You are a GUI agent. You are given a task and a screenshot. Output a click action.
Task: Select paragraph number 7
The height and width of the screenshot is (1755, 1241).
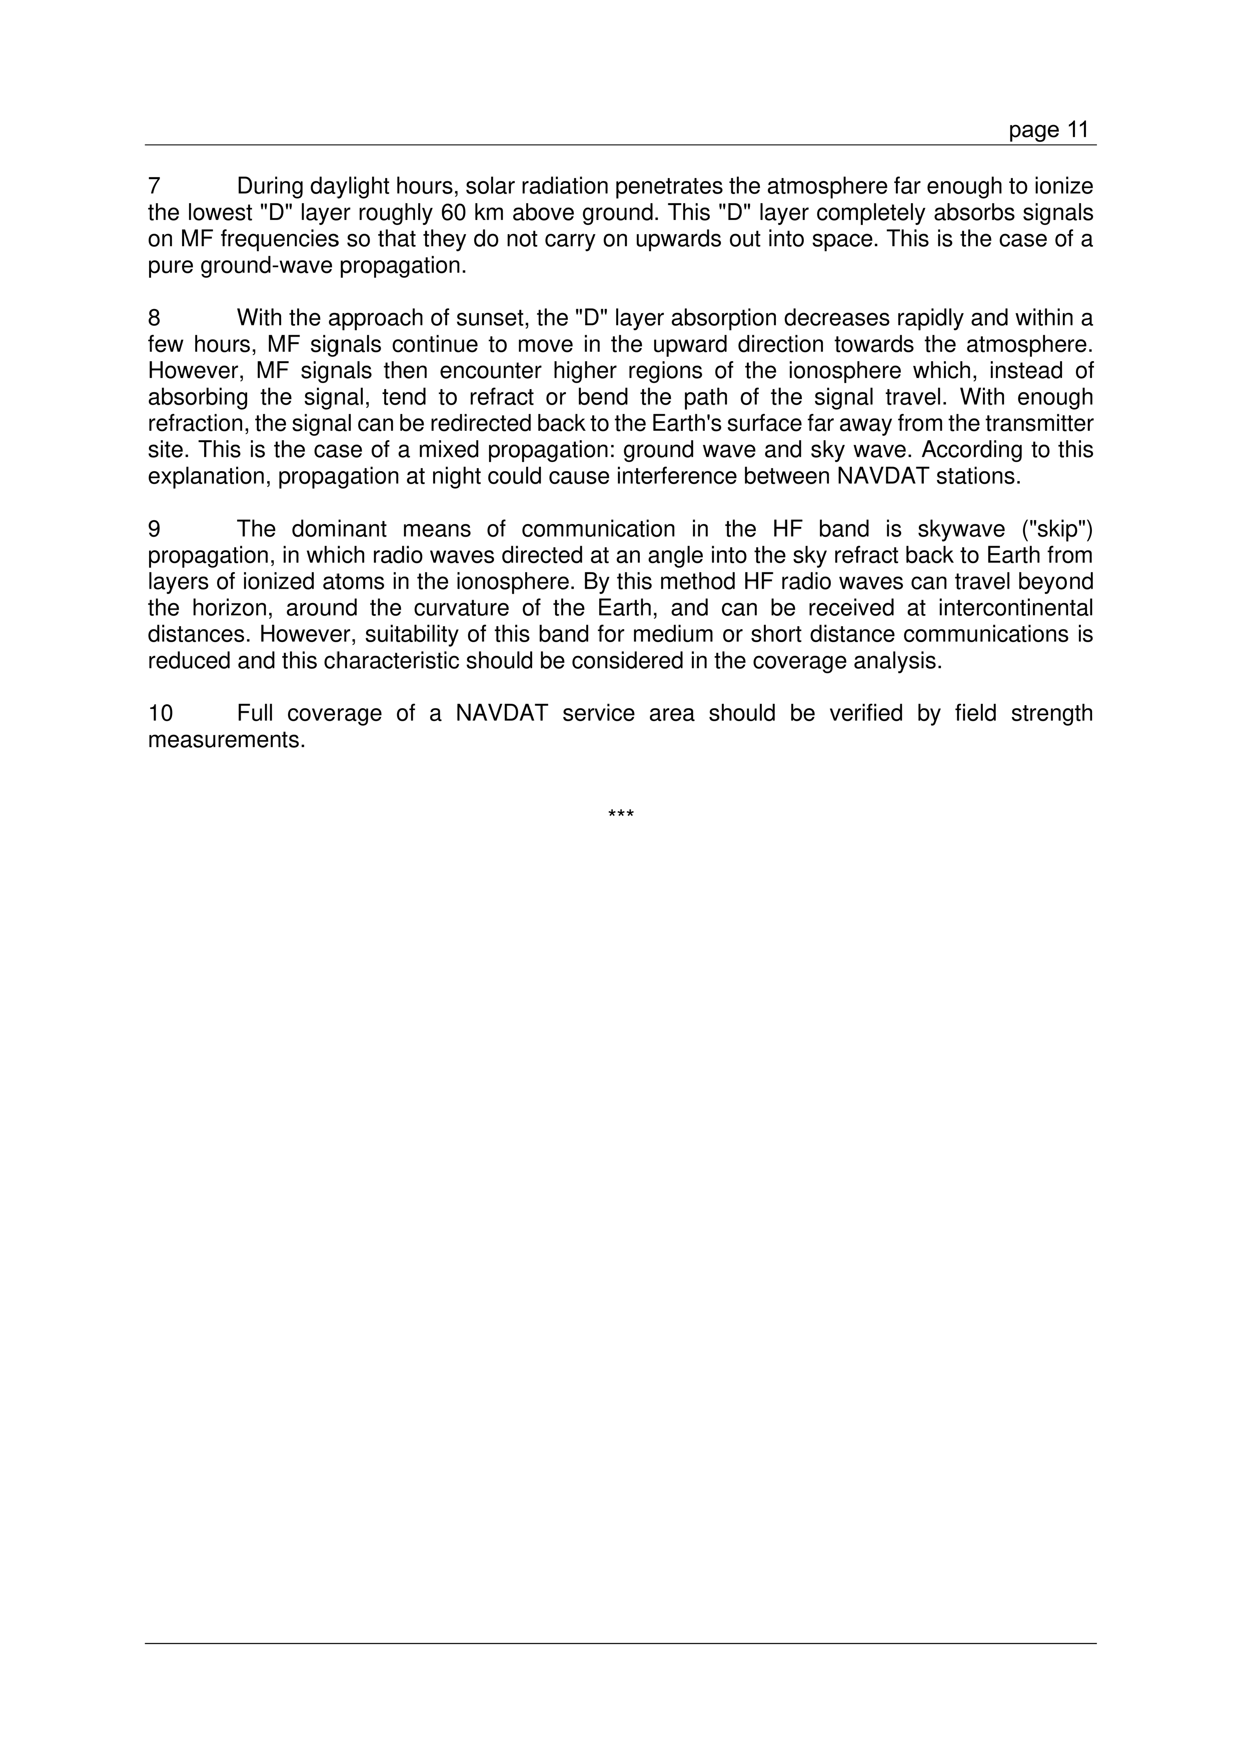tap(154, 186)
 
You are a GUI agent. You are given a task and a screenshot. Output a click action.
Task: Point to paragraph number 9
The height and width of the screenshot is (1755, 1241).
tap(154, 529)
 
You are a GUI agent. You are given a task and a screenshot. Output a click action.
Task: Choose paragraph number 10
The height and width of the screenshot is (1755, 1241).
tap(161, 713)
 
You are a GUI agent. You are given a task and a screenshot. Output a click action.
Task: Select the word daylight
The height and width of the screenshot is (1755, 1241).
tap(350, 186)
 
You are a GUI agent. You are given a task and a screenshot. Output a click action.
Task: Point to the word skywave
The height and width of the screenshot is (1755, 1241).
tap(961, 529)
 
